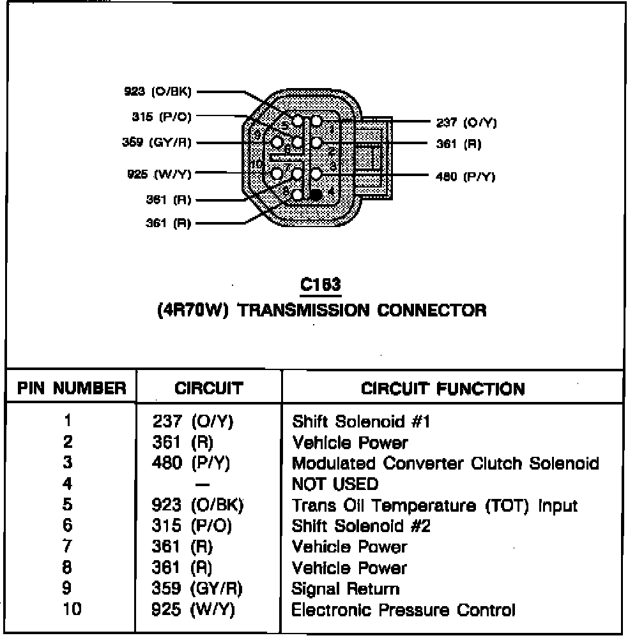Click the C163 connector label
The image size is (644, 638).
(321, 284)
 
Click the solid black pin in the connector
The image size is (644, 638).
(315, 195)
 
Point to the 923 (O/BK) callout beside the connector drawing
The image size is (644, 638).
(158, 91)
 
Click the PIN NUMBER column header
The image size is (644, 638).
(71, 389)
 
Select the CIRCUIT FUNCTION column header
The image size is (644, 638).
(443, 389)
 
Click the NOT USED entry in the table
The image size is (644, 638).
(335, 484)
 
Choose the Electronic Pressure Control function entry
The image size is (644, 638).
(403, 610)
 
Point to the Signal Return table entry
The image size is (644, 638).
(346, 589)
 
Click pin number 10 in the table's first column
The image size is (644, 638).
(72, 610)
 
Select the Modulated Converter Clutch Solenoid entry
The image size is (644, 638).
(445, 463)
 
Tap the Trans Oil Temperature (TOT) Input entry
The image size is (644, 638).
(434, 505)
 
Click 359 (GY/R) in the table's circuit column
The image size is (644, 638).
(198, 589)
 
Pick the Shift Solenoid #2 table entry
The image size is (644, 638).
(361, 526)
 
